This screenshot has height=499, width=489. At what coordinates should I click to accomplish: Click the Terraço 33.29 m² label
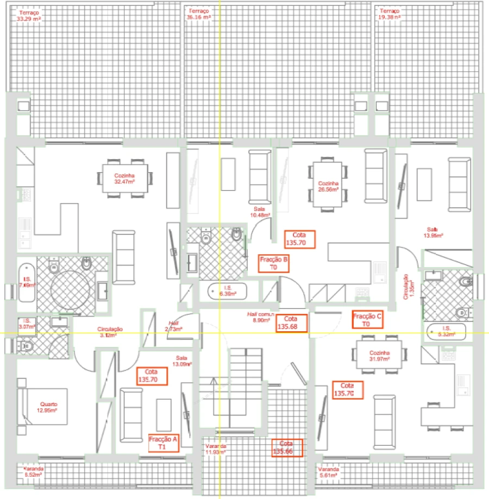point(29,15)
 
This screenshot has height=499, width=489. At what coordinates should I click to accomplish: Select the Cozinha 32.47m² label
point(124,179)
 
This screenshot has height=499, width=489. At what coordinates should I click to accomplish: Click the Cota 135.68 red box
point(292,323)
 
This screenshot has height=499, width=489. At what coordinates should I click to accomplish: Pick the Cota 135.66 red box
point(286,447)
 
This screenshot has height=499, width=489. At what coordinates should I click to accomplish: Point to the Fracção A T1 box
point(163,443)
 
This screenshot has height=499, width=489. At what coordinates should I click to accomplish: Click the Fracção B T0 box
point(274,264)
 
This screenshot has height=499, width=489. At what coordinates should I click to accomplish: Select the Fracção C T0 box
point(368,319)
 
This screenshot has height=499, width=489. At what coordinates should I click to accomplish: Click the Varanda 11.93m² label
point(215,449)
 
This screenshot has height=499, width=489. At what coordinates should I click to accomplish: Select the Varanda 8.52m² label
point(33,471)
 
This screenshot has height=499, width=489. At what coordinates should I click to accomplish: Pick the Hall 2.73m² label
point(173,326)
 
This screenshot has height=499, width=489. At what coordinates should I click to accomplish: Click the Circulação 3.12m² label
point(110,332)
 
